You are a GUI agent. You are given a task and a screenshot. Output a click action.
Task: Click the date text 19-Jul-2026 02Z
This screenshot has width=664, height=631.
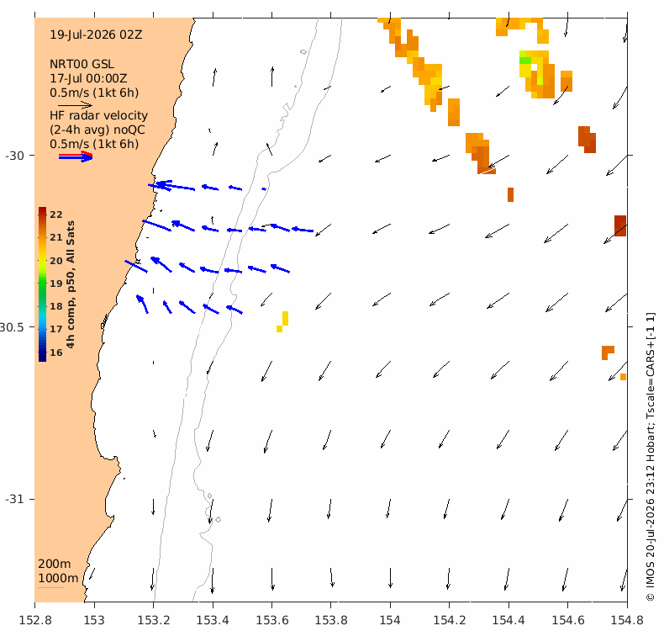click(x=96, y=34)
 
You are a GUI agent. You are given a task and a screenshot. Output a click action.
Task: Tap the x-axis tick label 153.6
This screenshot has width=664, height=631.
click(x=271, y=620)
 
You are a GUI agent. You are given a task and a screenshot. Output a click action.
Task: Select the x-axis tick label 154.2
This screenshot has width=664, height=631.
click(x=450, y=620)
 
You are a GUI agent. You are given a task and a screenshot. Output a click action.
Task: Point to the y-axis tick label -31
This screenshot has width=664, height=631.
click(x=15, y=499)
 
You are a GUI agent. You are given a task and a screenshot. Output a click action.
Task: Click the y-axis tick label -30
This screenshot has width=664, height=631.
click(x=15, y=156)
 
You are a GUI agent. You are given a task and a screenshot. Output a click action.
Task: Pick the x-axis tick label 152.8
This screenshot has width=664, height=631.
click(x=35, y=620)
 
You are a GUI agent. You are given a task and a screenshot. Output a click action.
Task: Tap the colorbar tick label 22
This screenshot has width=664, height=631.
click(x=56, y=215)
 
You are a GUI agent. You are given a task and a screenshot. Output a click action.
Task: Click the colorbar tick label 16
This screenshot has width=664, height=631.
click(x=56, y=353)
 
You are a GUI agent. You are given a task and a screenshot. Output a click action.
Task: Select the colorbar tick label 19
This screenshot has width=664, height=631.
click(x=56, y=284)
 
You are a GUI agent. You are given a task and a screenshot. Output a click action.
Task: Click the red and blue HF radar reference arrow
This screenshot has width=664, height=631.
click(x=76, y=156)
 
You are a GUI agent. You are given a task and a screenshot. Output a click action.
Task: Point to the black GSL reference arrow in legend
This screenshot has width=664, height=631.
click(x=75, y=105)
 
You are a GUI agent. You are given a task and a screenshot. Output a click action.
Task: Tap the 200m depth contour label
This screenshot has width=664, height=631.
click(x=54, y=564)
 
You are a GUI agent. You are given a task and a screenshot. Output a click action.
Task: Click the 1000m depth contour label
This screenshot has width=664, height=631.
click(x=58, y=579)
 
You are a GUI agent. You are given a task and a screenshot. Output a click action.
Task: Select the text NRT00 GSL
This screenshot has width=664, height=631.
click(x=82, y=65)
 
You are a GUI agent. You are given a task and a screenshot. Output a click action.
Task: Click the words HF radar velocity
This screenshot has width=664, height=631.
click(x=98, y=116)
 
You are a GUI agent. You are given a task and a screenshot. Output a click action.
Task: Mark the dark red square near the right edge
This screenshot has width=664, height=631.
click(x=620, y=225)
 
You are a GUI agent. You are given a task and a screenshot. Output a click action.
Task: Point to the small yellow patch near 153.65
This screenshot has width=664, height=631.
click(x=283, y=321)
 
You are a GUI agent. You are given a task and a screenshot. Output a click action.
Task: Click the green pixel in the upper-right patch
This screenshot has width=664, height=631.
click(x=525, y=61)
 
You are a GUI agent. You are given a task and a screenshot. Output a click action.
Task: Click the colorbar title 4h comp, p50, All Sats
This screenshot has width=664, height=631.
click(x=71, y=284)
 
